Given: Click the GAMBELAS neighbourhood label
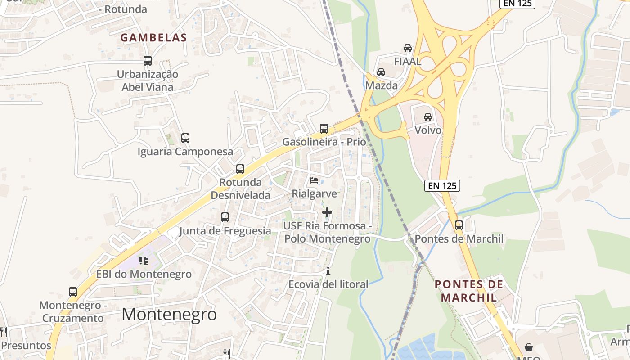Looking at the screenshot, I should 153,38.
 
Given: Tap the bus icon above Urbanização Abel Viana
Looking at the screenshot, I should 148,61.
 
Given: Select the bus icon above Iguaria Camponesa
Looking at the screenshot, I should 185,138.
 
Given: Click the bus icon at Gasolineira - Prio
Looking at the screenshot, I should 324,129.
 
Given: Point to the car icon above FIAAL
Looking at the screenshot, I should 408,48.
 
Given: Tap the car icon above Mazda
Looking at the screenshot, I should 381,72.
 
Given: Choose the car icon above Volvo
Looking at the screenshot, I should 428,117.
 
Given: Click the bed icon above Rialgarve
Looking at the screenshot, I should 314,180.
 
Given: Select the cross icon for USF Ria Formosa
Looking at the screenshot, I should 327,212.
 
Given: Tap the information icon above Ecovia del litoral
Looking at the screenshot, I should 328,271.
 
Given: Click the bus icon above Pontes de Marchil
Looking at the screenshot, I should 459,225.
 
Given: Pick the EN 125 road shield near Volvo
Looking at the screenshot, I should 442,185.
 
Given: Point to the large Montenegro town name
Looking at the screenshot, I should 169,314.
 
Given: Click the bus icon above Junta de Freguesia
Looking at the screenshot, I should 225,218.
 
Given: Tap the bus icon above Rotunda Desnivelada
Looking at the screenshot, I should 240,170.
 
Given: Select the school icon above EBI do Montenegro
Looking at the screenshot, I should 144,261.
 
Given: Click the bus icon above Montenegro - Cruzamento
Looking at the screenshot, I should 73,292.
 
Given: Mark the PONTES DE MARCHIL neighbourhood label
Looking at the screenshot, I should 469,291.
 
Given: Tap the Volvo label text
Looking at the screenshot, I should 428,130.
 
